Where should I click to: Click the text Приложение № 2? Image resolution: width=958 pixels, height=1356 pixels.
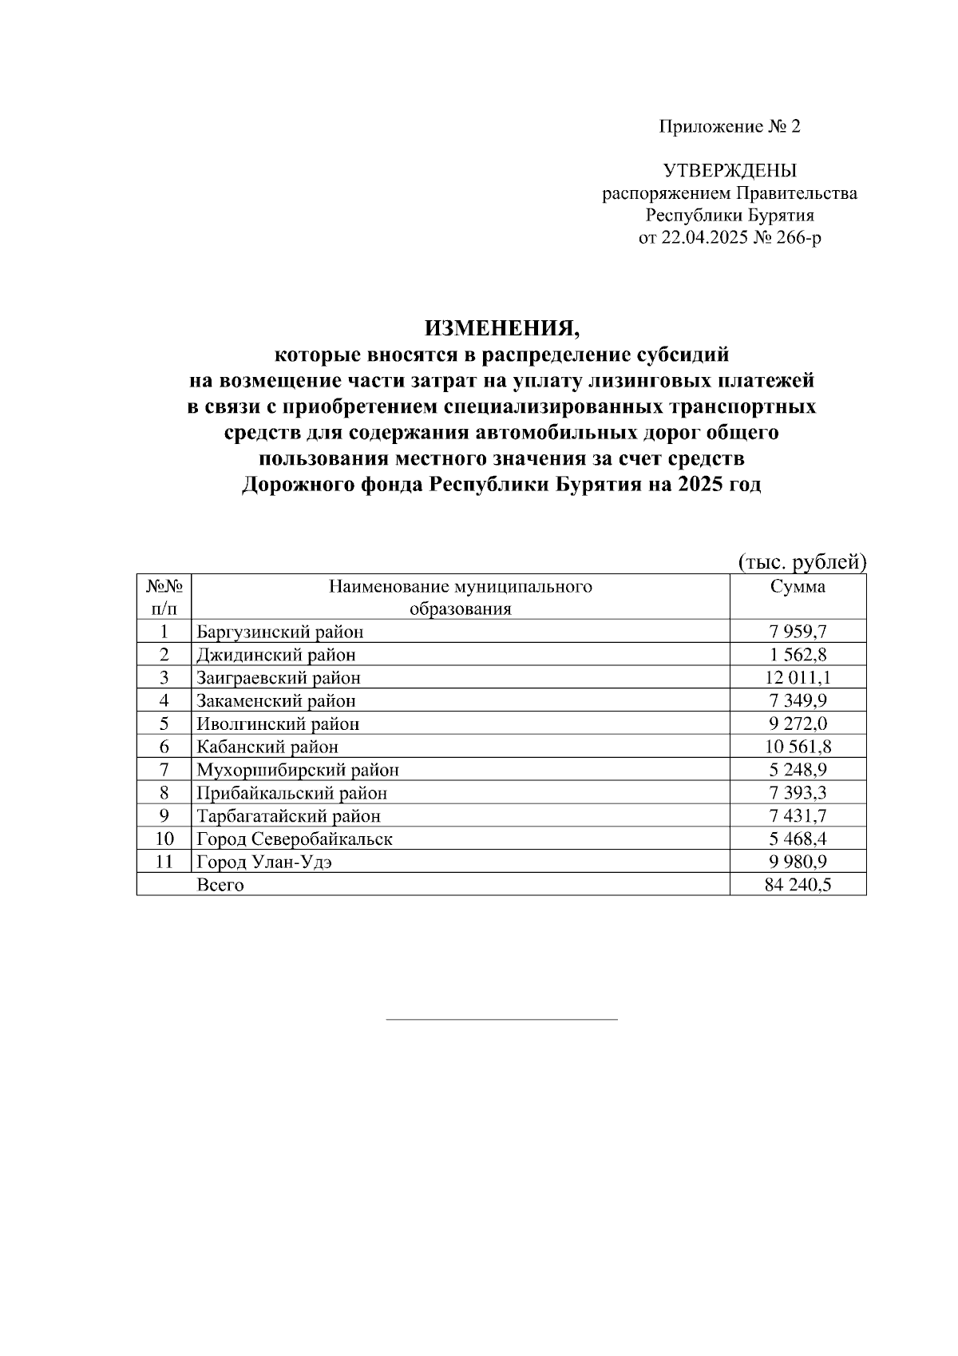729,127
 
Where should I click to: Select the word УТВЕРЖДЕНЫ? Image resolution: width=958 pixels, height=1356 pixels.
729,171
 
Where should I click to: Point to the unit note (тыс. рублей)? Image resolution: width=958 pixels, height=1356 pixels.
801,562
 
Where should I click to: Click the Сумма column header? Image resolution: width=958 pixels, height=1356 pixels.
798,587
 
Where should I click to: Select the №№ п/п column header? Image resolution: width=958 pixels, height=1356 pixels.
164,597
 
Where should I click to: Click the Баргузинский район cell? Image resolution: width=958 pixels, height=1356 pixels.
280,632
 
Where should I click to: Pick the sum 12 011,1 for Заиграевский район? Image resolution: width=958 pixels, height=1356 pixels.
798,678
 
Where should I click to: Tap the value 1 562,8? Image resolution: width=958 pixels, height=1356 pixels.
798,655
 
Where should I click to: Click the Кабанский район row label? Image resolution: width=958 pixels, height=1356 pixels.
267,747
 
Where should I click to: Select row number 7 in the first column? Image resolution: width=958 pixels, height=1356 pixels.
164,770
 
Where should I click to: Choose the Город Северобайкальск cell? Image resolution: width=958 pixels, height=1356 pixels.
295,839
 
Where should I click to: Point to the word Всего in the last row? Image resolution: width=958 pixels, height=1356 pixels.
220,886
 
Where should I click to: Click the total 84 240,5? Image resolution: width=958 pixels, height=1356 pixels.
798,886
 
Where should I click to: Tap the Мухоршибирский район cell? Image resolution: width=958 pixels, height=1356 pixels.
298,771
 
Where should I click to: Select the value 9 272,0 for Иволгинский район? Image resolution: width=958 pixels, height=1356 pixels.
798,724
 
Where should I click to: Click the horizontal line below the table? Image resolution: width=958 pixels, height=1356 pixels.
501,1020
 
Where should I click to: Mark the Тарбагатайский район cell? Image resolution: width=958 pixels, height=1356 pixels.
289,816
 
